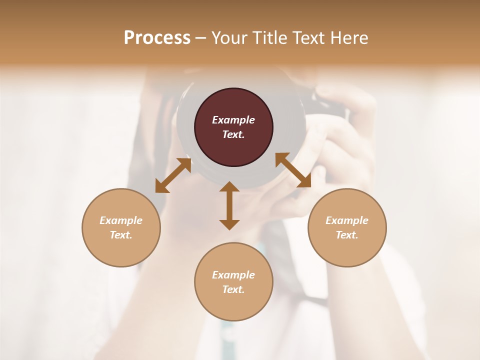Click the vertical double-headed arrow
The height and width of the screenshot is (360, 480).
click(229, 205)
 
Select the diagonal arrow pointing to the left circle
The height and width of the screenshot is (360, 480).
click(173, 175)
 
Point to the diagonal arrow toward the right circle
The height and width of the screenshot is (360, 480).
click(293, 170)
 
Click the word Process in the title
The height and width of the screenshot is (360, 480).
click(157, 38)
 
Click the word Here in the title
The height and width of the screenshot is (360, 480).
click(349, 38)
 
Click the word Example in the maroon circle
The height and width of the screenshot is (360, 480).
click(233, 120)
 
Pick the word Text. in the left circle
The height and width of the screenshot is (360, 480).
click(121, 235)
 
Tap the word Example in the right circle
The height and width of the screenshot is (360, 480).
click(347, 220)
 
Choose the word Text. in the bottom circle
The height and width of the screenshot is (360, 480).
click(233, 289)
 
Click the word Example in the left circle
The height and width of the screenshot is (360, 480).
click(121, 220)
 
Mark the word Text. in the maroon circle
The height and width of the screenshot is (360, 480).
click(233, 134)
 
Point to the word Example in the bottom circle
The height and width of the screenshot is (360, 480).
click(233, 275)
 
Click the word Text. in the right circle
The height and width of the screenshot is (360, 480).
click(347, 235)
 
